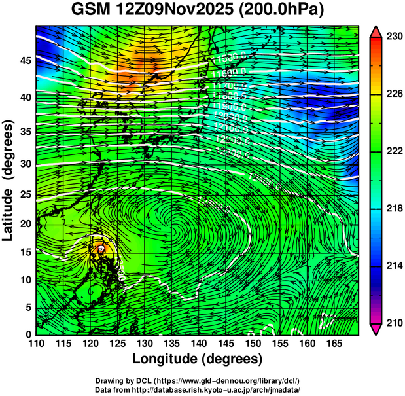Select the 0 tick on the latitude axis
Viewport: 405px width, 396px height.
coord(26,334)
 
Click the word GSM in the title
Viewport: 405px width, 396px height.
coord(92,11)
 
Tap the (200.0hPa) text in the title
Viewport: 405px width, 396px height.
coord(285,11)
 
